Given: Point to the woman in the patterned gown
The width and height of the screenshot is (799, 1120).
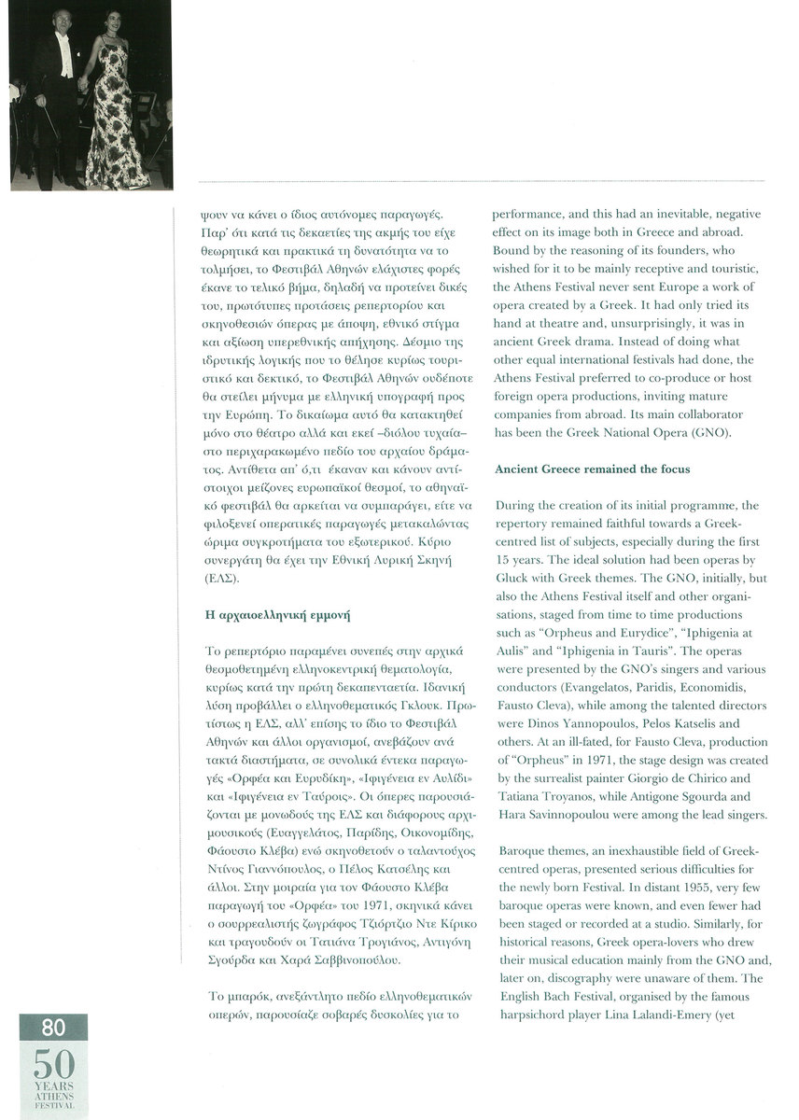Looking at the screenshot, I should (x=117, y=103).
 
